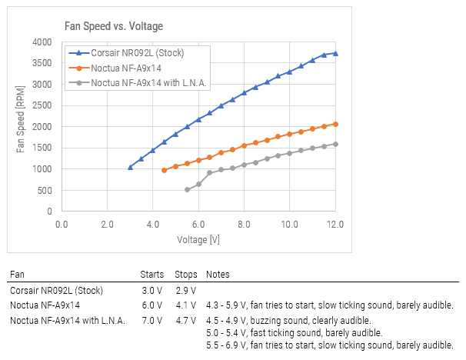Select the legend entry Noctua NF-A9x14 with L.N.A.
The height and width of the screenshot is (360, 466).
click(x=149, y=82)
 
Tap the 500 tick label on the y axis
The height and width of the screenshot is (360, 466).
click(x=45, y=190)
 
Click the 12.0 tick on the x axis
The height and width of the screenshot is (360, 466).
click(x=335, y=224)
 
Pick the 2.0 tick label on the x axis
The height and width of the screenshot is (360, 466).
click(x=107, y=224)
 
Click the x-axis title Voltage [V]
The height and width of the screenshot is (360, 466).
click(x=198, y=239)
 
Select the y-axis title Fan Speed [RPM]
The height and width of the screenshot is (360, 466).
click(x=20, y=126)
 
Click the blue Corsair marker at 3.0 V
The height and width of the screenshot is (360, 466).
click(x=130, y=167)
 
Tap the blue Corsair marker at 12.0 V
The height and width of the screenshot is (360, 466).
click(x=335, y=54)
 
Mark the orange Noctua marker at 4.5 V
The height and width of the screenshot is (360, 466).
click(x=164, y=170)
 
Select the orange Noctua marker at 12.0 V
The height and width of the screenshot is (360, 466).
click(x=335, y=124)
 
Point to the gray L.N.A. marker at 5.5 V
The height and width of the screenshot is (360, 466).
click(x=187, y=189)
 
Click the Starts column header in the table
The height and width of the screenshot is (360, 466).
click(x=152, y=275)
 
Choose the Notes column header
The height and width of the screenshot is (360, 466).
click(x=218, y=275)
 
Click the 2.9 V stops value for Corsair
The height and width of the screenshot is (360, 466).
click(x=185, y=291)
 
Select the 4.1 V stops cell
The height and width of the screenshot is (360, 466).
click(x=185, y=305)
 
